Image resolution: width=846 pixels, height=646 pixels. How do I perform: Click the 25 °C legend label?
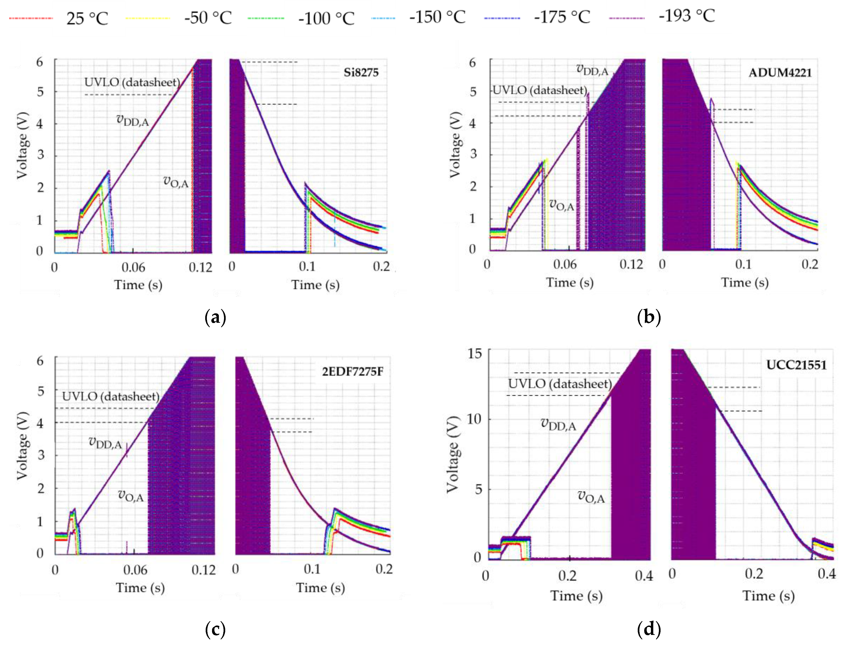87,18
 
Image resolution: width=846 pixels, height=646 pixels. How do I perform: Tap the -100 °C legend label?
326,18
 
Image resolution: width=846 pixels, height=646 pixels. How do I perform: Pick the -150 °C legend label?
437,17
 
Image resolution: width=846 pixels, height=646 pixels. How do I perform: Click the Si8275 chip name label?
361,72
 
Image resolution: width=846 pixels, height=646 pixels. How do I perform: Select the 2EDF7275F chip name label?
353,371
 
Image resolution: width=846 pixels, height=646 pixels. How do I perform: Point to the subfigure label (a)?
215,317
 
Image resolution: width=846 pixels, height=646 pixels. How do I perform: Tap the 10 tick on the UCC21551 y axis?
474,419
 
